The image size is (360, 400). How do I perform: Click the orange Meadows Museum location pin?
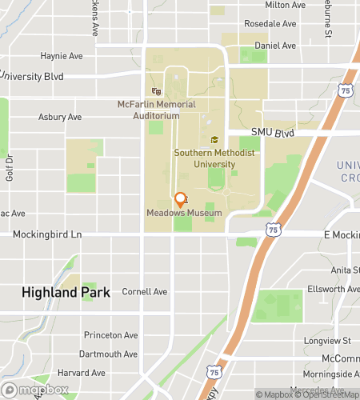coord(180,199)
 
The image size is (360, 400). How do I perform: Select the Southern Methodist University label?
coord(204,158)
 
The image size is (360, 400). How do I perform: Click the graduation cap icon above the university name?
coord(214,141)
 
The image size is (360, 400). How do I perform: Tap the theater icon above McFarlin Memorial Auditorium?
coord(146,91)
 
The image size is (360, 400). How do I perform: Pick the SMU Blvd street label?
coord(273,133)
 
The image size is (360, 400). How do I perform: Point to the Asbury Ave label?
coord(60,117)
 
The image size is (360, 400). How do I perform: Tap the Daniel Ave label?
coord(270,46)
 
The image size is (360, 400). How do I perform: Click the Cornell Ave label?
coord(145,292)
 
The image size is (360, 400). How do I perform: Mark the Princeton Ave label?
coord(108,335)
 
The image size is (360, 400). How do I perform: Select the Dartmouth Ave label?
coord(108,354)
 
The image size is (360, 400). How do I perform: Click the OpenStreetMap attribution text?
coord(328,394)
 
